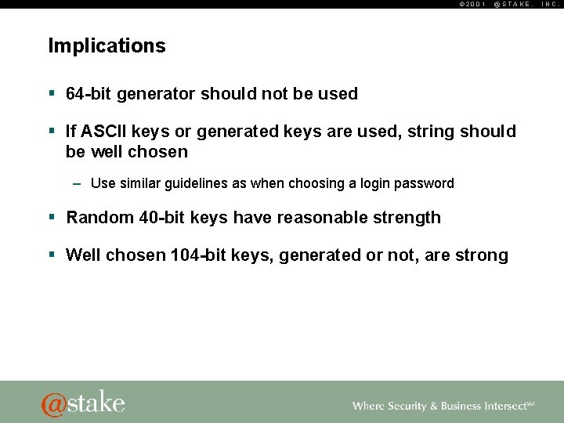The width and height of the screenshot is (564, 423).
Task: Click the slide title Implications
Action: (107, 46)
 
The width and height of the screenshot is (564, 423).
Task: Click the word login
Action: (375, 183)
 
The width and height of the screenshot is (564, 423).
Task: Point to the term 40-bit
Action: (163, 218)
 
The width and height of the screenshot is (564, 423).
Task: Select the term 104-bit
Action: (199, 255)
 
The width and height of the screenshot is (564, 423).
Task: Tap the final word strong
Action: (481, 255)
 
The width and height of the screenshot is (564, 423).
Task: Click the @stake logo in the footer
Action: (83, 403)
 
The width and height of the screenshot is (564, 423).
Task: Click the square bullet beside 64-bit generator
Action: (52, 94)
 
